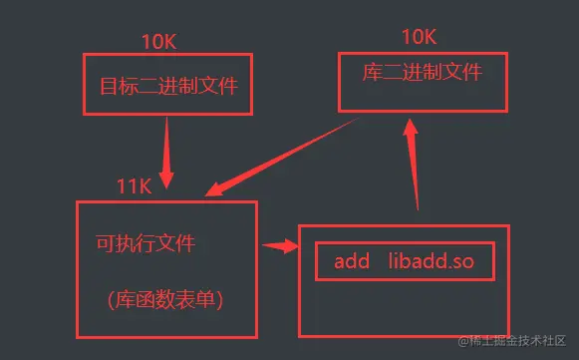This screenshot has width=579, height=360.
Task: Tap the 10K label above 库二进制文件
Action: [419, 37]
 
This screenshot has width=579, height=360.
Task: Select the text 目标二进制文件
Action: [168, 86]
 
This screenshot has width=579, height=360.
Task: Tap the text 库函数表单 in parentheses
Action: [164, 298]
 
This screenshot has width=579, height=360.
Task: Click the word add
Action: [352, 261]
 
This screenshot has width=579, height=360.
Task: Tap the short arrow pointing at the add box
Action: [282, 245]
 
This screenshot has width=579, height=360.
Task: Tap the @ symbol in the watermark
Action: [464, 341]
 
